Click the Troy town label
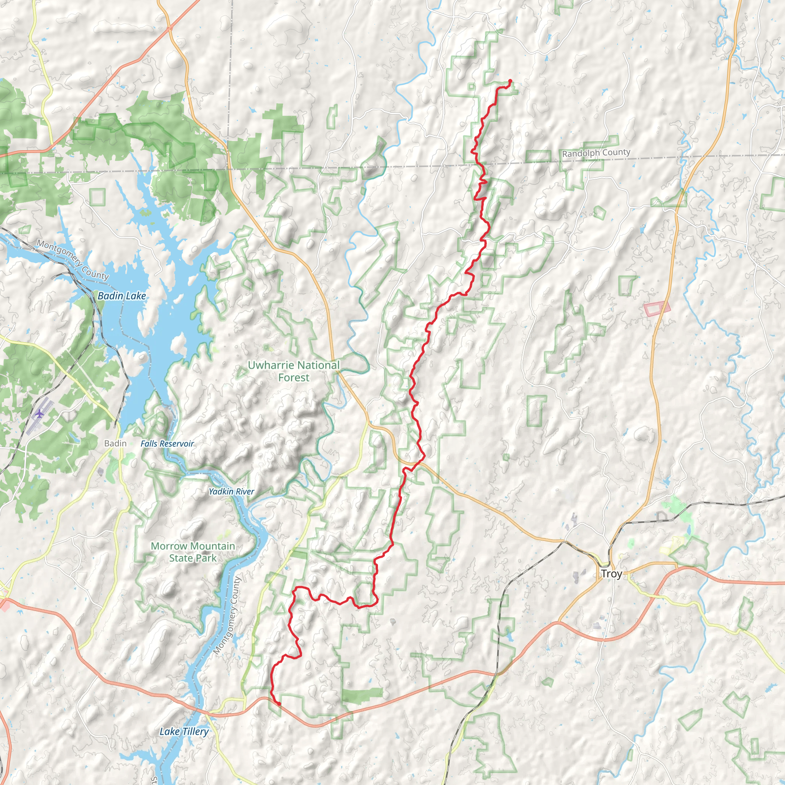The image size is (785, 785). coord(611,574)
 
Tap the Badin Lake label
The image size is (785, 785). coord(122,296)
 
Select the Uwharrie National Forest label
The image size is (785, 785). coord(293,371)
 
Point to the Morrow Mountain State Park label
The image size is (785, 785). coord(193,552)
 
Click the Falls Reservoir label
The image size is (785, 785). coord(167,444)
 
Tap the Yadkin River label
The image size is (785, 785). coord(231,492)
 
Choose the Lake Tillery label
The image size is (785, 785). coord(184,731)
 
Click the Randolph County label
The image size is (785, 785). coord(596,153)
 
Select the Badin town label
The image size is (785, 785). coord(115,443)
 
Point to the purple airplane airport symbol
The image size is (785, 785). coord(39,414)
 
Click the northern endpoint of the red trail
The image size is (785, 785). coord(510,80)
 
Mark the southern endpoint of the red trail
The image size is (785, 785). coord(279,704)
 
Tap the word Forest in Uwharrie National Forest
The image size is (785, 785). coord(293,378)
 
